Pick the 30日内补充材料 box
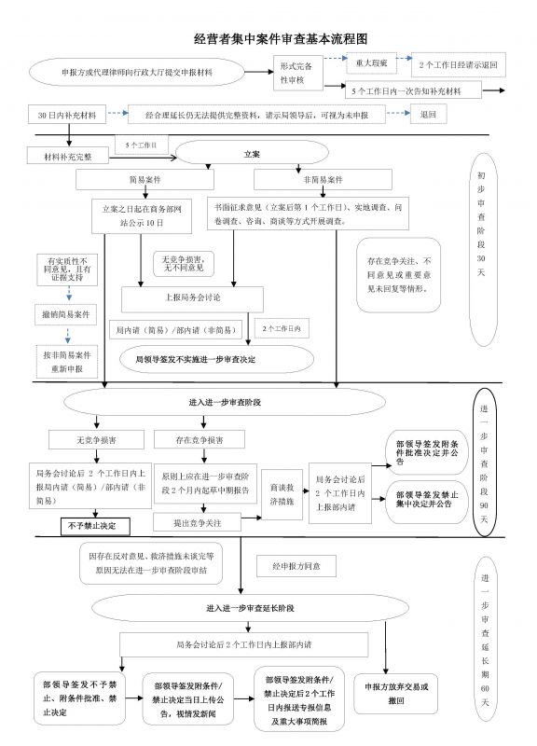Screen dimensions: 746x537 click(x=66, y=116)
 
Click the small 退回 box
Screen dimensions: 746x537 click(x=428, y=116)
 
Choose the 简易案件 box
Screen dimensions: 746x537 click(x=138, y=179)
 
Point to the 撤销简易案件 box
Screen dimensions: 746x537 click(x=65, y=315)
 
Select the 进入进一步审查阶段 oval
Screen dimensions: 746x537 click(x=223, y=402)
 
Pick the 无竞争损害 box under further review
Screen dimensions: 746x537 click(x=96, y=437)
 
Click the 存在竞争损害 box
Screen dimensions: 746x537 click(x=199, y=437)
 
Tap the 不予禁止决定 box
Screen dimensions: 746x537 click(x=92, y=527)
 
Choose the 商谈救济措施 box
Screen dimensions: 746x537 click(x=282, y=494)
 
